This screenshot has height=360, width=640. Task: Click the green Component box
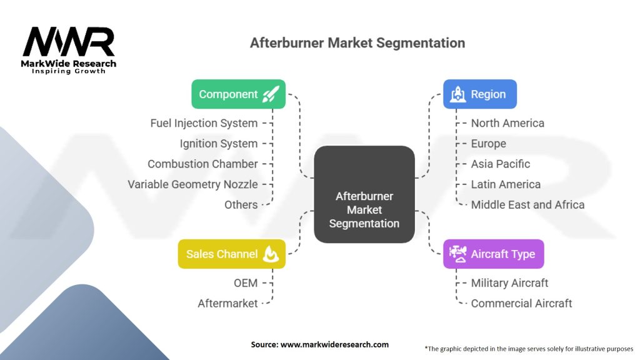pos(238,94)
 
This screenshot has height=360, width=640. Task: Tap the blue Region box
pos(480,94)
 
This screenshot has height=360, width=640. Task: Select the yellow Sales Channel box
pos(231,254)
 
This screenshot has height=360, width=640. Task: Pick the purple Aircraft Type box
pos(493,254)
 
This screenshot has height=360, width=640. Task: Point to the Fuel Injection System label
pos(204,123)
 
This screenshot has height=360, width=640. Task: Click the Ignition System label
pos(219,143)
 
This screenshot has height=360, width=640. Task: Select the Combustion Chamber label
pos(202,164)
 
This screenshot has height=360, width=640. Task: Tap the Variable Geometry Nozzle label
pos(192,184)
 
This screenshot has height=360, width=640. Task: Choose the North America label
pos(507,123)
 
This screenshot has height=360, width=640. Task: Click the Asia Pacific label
pos(500,164)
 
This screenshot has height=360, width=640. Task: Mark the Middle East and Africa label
pos(527,204)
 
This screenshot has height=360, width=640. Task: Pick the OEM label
pos(246,282)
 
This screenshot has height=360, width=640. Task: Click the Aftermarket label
pos(227,303)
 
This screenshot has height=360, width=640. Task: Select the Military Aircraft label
pos(509,282)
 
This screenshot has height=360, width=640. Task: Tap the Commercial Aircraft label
pos(521,303)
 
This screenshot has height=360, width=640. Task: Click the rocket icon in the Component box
pos(271,94)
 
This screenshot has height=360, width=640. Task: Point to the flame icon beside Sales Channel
pos(271,254)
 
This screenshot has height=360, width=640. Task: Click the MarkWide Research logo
pos(69,50)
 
